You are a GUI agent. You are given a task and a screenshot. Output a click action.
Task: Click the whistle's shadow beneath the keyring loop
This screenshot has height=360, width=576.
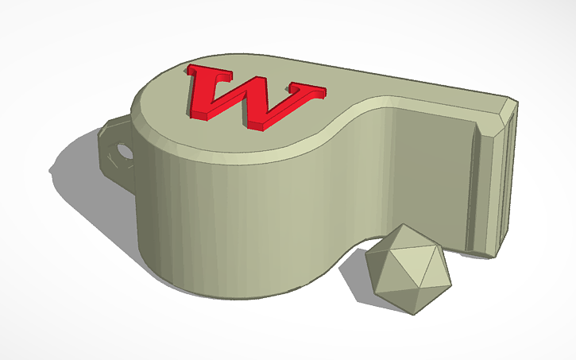coord(79,167)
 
